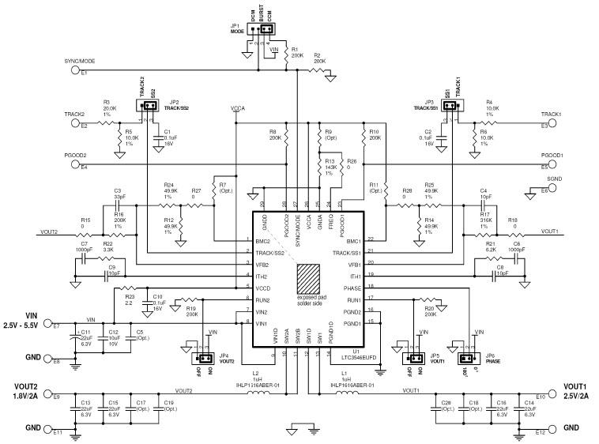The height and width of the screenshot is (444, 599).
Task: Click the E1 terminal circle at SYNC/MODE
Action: point(76,70)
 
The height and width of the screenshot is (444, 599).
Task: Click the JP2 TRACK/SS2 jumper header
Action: point(147,105)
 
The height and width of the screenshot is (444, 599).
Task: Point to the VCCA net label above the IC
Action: point(238,108)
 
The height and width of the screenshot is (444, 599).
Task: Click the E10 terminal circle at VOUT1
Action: point(523,394)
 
